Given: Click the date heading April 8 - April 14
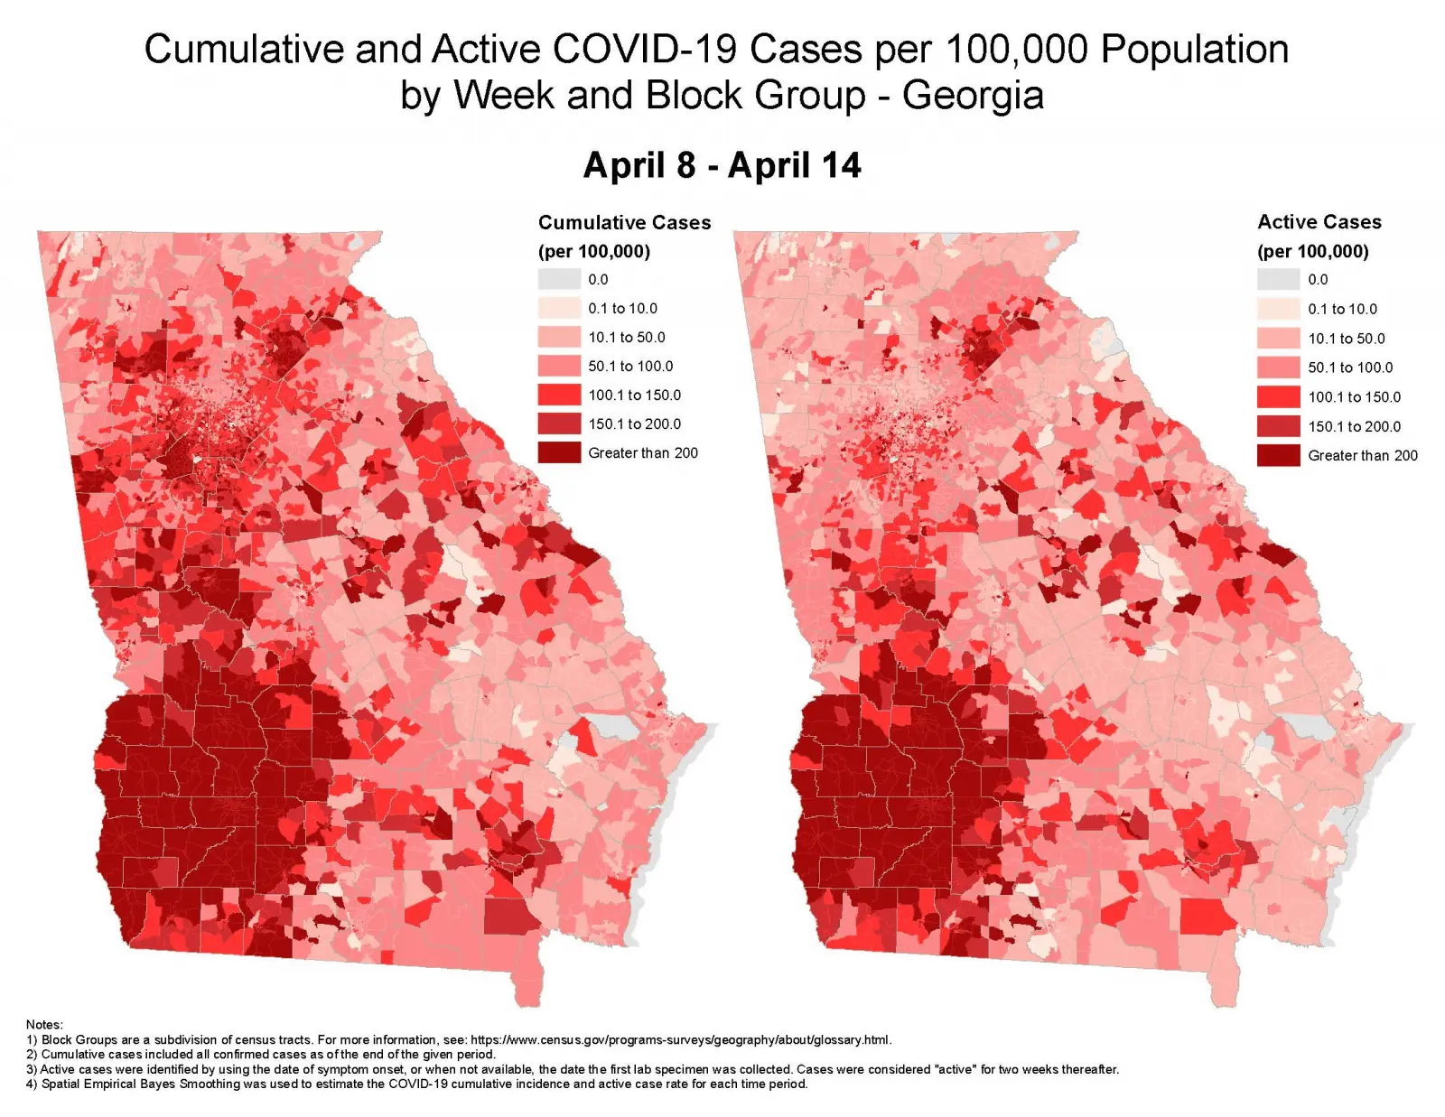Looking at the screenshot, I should point(722,165).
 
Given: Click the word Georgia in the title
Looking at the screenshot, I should point(973,95).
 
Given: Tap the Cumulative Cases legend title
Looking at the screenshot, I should point(624,222).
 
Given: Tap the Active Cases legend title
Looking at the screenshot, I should point(1319,221).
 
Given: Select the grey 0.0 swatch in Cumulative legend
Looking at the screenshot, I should point(559,279).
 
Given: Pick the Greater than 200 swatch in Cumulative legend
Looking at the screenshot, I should point(559,452).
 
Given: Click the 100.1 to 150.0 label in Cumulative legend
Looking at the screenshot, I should point(634,395).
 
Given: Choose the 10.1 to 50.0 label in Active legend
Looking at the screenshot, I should point(1346,339).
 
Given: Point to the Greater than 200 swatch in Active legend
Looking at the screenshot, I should point(1278,455).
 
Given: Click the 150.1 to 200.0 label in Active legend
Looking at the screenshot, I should point(1354,426).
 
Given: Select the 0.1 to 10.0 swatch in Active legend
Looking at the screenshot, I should point(1278,309).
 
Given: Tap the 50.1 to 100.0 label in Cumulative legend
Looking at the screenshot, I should point(630,366).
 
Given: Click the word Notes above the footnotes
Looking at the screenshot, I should point(44,1024).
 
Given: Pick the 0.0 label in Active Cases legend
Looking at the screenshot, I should point(1318,279).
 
